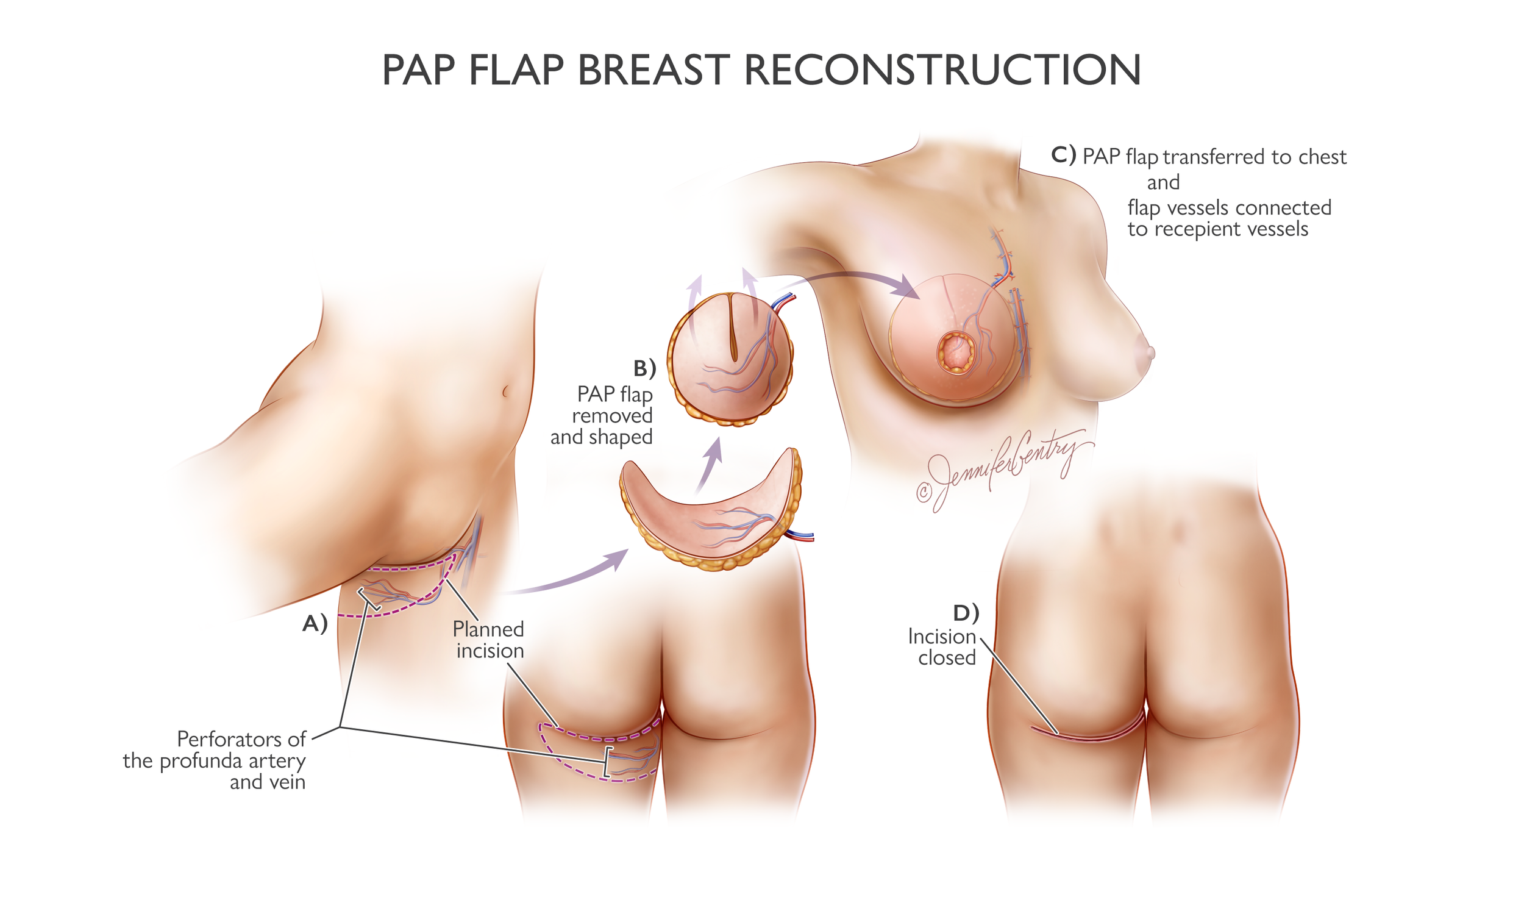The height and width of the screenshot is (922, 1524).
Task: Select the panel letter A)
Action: tap(314, 624)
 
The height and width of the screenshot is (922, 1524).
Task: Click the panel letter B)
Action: tap(644, 369)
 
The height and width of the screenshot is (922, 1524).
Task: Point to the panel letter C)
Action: tap(1063, 155)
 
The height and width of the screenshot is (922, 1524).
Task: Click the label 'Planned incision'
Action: tap(489, 640)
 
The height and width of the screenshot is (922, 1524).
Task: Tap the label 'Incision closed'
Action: tap(942, 646)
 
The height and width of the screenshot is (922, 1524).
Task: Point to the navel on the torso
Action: tap(505, 391)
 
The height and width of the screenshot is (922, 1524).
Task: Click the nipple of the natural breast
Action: tap(1150, 353)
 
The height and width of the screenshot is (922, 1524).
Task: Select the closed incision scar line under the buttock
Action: tap(1089, 735)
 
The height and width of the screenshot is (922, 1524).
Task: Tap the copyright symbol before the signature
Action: tap(924, 493)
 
